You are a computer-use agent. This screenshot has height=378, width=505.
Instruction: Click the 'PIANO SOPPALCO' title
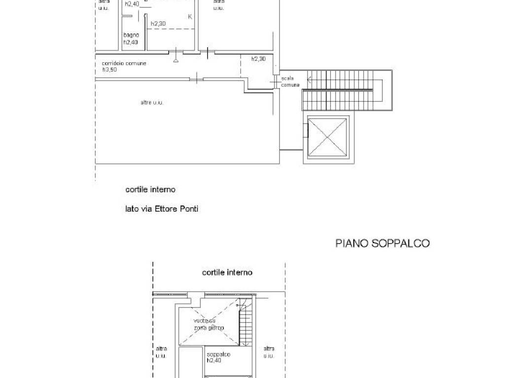(x=382, y=243)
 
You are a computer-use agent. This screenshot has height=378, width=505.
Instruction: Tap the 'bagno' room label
(x=131, y=35)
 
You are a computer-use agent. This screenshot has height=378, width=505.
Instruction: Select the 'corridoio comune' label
(x=124, y=63)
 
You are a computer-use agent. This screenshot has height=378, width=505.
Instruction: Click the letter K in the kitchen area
(x=190, y=17)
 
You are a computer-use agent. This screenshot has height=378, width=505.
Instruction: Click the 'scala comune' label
(x=290, y=82)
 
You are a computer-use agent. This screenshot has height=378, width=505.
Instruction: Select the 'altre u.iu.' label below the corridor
(x=152, y=102)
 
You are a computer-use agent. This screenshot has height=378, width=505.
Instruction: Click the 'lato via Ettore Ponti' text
(x=162, y=209)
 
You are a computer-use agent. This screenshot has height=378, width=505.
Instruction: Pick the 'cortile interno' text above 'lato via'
(x=150, y=189)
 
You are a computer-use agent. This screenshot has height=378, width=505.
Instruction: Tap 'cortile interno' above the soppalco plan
(x=227, y=272)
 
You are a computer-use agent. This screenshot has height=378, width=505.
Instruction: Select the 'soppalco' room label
(x=218, y=354)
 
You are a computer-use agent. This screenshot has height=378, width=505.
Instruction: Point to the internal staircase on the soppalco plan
(x=245, y=324)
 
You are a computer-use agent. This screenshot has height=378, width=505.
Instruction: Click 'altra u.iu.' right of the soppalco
(x=269, y=352)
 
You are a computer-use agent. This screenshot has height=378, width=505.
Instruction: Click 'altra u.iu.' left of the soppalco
(x=161, y=352)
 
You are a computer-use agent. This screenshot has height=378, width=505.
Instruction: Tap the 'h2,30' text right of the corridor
(x=258, y=59)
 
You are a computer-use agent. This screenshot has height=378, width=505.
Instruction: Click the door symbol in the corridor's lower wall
(x=197, y=78)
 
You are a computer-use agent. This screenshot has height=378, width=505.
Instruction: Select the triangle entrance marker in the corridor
(x=176, y=60)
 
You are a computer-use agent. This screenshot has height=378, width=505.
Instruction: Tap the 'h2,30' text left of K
(x=158, y=24)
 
